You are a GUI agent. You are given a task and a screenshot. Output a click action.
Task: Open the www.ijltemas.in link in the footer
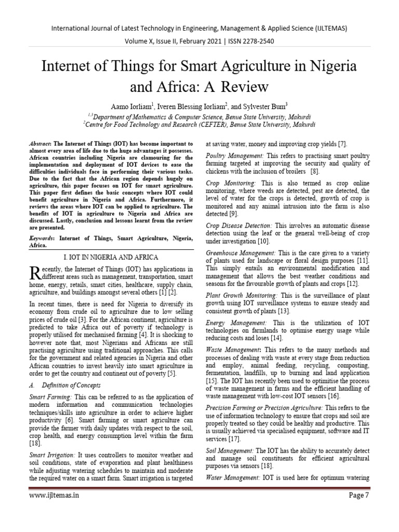tap(55, 511)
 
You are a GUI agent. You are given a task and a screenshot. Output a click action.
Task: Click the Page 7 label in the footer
tap(358, 511)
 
